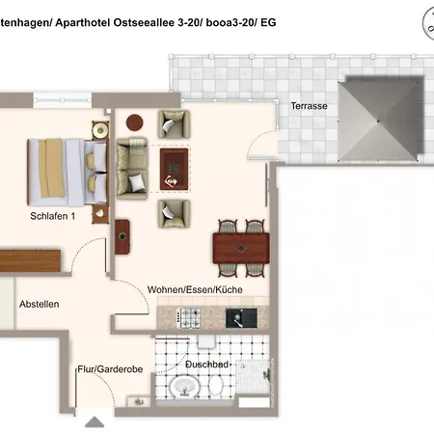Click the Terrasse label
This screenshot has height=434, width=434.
point(309,106)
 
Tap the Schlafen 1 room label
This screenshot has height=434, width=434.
point(53,216)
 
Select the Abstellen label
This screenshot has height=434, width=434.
point(40,304)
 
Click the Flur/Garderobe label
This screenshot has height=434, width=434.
point(110,369)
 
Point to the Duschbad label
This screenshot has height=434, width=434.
point(206,365)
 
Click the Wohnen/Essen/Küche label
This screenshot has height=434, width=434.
point(195,289)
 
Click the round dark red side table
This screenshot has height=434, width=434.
point(134,122)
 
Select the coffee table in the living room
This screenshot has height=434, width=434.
point(174,169)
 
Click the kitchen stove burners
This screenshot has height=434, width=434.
point(188,318)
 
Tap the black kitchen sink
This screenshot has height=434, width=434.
point(241,318)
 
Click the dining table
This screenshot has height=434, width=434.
point(241,248)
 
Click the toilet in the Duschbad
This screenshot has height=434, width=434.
point(216,385)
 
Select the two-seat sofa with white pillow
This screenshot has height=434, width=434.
point(132,169)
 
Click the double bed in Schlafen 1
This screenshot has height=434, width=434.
point(67,173)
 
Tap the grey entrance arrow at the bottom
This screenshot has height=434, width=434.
point(95,422)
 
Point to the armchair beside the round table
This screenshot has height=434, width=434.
point(174,124)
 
